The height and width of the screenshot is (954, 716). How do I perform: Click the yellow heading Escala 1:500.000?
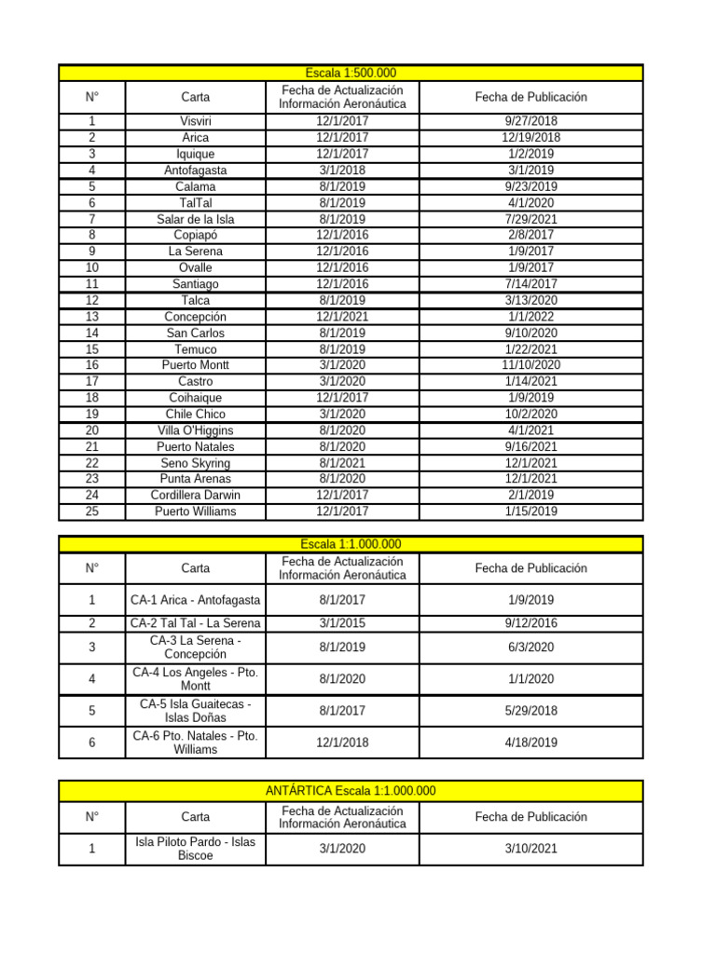click(x=351, y=73)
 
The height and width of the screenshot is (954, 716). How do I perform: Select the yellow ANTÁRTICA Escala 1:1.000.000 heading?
click(x=351, y=791)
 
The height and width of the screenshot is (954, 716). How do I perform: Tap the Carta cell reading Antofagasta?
click(x=196, y=170)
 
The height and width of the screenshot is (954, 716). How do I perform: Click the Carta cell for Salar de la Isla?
click(x=196, y=219)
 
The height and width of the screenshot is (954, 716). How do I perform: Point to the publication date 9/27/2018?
click(x=530, y=121)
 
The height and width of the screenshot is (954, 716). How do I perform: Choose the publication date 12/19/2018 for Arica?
click(x=530, y=138)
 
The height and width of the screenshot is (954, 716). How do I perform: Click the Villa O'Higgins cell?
click(x=196, y=430)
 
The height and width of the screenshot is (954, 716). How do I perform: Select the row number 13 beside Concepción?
click(x=92, y=317)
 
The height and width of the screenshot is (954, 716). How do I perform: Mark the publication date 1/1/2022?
click(x=530, y=317)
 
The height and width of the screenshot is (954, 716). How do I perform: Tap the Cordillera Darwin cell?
click(x=196, y=496)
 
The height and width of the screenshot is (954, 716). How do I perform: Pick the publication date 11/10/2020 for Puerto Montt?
click(x=530, y=365)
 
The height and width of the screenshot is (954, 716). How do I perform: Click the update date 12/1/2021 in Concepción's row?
click(x=342, y=317)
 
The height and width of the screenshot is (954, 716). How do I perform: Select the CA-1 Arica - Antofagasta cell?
click(x=196, y=600)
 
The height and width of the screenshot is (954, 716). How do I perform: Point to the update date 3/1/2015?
click(x=342, y=623)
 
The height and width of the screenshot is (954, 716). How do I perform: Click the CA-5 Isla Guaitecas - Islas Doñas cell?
click(x=196, y=710)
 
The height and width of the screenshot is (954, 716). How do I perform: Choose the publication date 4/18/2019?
click(x=530, y=743)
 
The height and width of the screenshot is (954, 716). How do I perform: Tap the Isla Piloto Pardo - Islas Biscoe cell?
click(x=196, y=848)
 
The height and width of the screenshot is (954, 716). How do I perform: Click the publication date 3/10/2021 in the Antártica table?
click(x=530, y=848)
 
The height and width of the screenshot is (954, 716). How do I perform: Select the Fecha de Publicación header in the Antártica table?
click(x=530, y=817)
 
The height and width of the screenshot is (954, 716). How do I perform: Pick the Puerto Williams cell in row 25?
click(x=196, y=511)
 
